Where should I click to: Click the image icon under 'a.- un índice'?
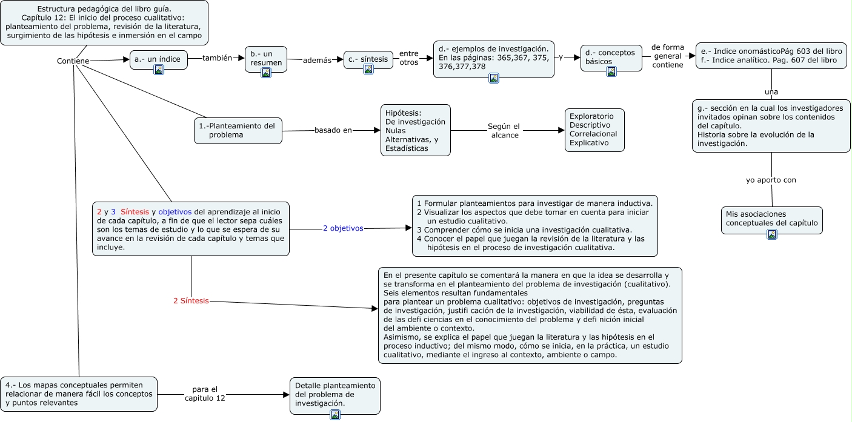[159, 70]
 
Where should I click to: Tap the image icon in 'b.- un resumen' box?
[265, 73]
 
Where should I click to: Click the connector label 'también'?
[217, 58]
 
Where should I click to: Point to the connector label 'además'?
[317, 60]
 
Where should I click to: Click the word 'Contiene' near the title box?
[73, 61]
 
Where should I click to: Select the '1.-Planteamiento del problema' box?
[238, 130]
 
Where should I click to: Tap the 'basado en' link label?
[333, 130]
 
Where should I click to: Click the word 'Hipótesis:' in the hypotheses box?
[403, 113]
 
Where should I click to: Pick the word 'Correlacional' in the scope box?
[593, 134]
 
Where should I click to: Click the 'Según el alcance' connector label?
[504, 131]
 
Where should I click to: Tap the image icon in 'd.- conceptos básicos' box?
[611, 71]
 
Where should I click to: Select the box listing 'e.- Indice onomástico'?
[771, 56]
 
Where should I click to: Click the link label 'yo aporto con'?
[770, 180]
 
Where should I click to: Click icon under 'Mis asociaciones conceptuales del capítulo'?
[771, 235]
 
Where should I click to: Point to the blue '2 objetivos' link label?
[343, 228]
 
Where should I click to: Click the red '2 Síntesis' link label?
[191, 300]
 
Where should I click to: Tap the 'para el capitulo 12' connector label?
[204, 394]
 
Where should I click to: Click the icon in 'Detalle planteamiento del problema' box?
[334, 415]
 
